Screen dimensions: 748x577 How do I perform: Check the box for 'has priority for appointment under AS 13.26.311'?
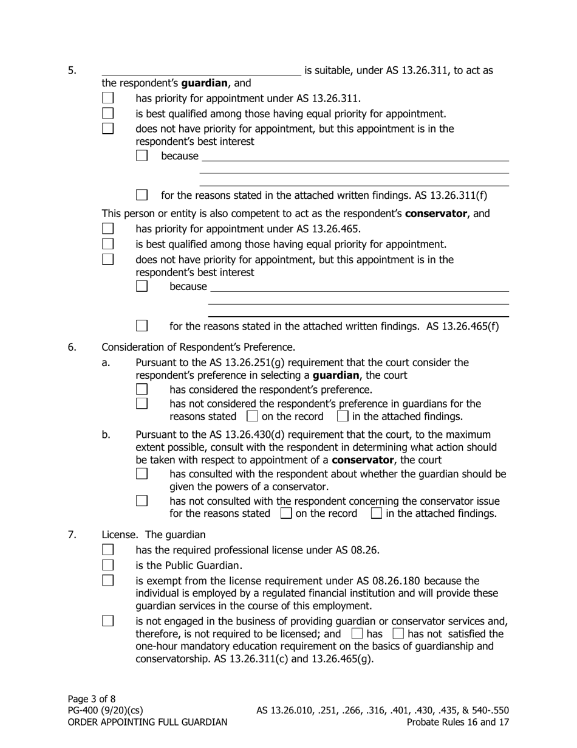108,98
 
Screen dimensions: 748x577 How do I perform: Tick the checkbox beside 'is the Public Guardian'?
108,565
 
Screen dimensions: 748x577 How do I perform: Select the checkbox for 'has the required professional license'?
108,550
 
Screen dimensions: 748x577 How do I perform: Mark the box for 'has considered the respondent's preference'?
142,389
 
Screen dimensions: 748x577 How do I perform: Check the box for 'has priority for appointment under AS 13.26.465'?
108,229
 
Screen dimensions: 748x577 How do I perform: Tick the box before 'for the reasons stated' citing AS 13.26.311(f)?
142,195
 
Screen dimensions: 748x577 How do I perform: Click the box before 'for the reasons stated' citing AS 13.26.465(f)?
142,326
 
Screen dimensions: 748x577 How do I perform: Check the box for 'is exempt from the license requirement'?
108,580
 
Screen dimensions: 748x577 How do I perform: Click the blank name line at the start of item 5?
200,71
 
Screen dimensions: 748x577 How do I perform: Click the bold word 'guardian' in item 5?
205,83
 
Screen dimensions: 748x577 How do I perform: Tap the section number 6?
72,347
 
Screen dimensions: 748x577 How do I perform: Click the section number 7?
72,535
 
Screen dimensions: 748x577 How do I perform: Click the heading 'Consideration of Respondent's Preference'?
198,347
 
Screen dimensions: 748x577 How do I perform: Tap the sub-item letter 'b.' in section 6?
106,434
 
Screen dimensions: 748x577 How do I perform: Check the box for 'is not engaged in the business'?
108,621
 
